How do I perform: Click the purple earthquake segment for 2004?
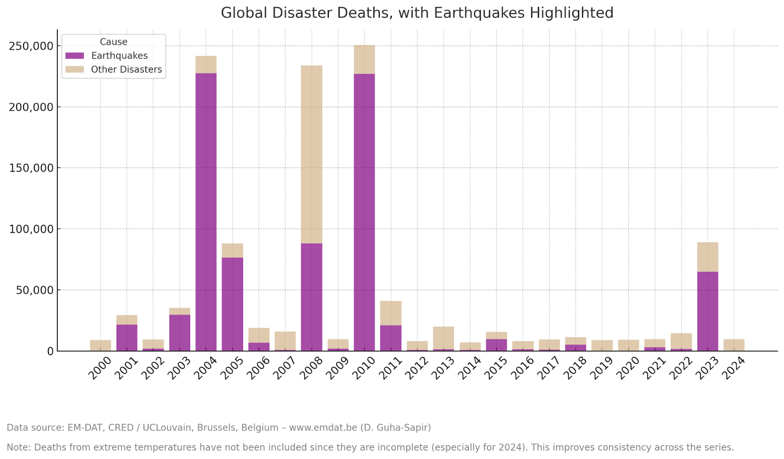206,211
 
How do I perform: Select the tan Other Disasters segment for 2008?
312,154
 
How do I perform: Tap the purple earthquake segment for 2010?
364,211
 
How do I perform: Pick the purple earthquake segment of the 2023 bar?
708,311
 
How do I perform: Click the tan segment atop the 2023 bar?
708,257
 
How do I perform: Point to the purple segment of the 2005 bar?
232,304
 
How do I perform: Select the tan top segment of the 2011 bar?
391,313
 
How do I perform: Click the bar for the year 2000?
100,345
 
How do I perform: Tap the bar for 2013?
443,338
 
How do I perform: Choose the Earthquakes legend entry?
119,56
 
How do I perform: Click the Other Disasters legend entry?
126,70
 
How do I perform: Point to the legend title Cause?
114,42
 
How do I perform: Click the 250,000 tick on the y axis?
31,46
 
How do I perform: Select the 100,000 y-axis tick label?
31,229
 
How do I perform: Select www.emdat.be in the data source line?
323,428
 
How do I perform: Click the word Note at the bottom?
18,447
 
